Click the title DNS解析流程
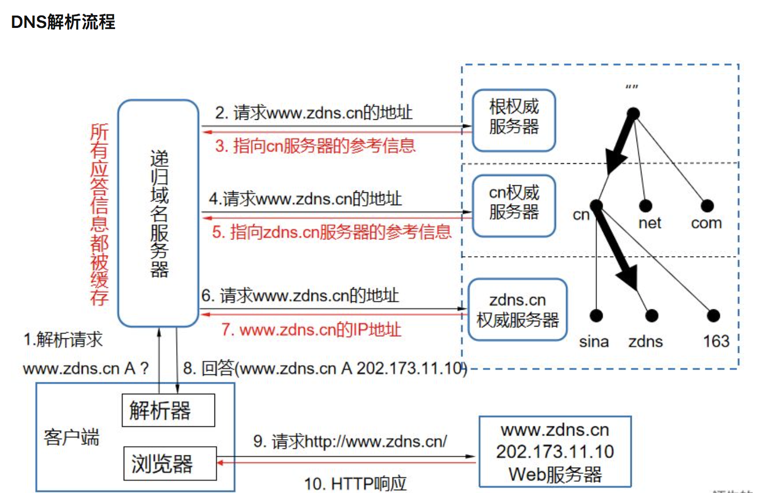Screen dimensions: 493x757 coord(63,22)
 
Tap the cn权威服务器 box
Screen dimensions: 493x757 coord(513,205)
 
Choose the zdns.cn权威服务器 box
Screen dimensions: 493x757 coord(517,309)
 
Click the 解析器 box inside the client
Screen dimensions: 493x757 coord(168,410)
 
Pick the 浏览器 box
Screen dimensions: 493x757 coord(170,463)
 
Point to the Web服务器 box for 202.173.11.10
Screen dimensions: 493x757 coord(555,452)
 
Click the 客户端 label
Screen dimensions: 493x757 coord(72,437)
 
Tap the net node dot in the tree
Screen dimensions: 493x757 coord(646,206)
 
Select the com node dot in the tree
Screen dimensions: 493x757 coord(707,206)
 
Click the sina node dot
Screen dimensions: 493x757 coord(596,316)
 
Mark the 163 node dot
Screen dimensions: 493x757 coord(713,316)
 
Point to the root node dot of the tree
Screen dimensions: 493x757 coord(633,114)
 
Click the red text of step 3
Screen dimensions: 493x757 coord(315,146)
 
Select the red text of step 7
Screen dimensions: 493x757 coord(311,329)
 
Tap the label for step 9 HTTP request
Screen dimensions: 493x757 coord(350,441)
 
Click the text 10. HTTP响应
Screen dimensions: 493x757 coord(355,483)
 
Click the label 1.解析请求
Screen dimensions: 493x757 coord(63,339)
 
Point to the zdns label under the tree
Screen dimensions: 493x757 coord(645,342)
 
